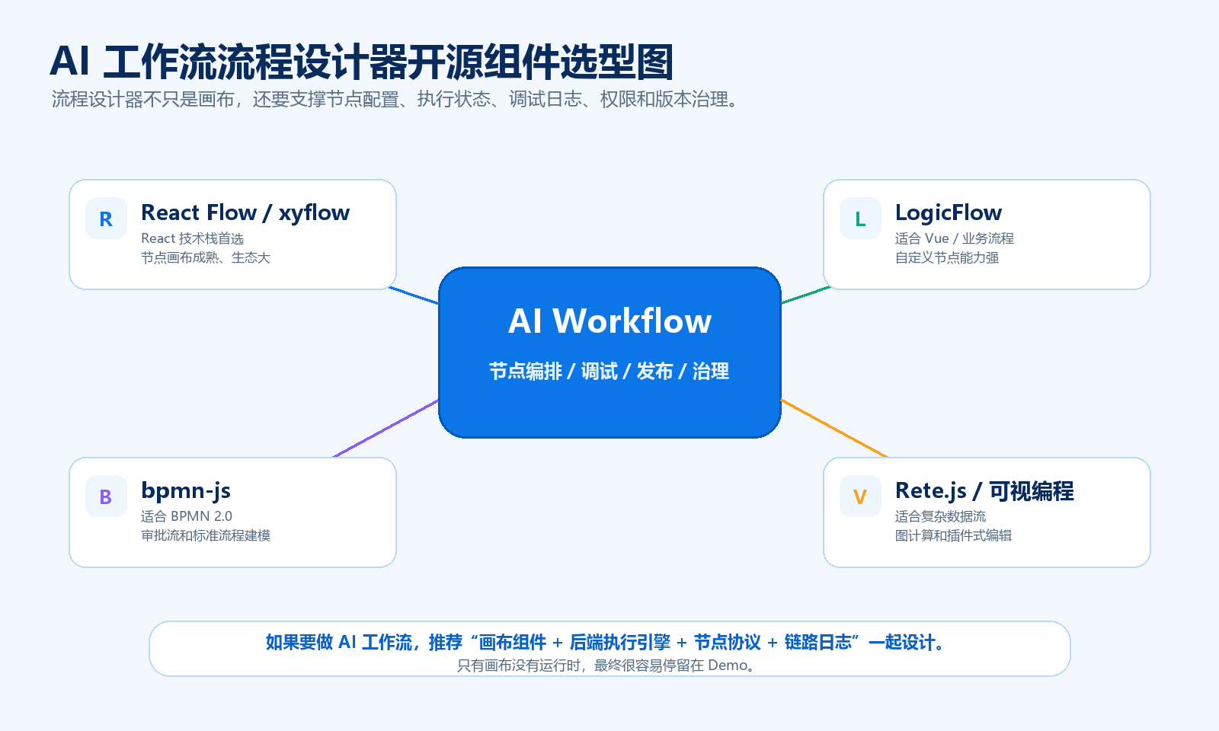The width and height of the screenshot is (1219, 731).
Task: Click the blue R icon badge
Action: tap(106, 218)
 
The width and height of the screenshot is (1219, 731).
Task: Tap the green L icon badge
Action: tap(860, 218)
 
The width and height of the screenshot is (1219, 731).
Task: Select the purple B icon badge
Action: tap(106, 496)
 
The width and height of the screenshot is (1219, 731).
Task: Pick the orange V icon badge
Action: tap(860, 496)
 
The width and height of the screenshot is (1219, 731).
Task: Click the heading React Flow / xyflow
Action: tap(245, 212)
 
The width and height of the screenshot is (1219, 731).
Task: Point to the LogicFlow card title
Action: tap(949, 212)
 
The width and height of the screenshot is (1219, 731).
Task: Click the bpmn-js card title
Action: tap(186, 490)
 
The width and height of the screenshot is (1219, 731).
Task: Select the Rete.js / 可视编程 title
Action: tap(984, 490)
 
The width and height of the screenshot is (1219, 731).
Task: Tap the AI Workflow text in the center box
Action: tap(609, 321)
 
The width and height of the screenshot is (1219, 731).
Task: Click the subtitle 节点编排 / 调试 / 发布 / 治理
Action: tap(609, 372)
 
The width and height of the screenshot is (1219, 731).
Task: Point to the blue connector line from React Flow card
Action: tap(414, 295)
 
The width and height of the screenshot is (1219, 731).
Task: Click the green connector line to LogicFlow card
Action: tap(805, 294)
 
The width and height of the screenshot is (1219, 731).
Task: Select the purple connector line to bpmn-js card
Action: tap(386, 429)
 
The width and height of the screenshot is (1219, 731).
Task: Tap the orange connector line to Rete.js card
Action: tap(834, 429)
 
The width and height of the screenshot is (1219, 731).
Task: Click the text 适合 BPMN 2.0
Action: tap(187, 516)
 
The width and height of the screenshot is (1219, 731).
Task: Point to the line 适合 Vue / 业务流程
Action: tap(955, 238)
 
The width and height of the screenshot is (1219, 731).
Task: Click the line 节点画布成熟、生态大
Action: tap(206, 258)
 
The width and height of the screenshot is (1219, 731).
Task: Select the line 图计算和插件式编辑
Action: tap(953, 536)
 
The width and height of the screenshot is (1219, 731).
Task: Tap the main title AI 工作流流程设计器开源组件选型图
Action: tap(362, 62)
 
